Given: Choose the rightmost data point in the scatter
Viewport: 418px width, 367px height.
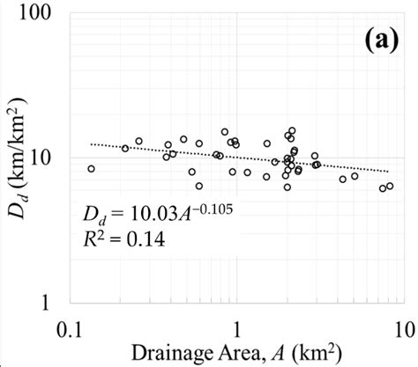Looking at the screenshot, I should (x=390, y=186).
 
